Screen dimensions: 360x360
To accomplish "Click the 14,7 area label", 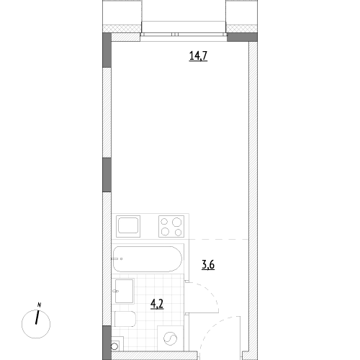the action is tap(198, 56).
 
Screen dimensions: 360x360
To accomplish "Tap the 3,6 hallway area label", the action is tap(208, 265).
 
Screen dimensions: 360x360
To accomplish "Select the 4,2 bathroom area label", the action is tap(157, 304).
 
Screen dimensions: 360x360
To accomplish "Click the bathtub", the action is tap(147, 259).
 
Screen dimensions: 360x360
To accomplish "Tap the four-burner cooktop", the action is tap(171, 226).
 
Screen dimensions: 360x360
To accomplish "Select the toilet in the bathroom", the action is tap(125, 319).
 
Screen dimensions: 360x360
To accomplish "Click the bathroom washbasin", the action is tap(125, 291).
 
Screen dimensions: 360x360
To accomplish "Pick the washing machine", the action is tap(171, 338).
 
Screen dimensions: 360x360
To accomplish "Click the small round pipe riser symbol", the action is tap(114, 346).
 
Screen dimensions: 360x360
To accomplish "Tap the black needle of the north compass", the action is tap(37, 318).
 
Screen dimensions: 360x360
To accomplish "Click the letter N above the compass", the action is tap(39, 305).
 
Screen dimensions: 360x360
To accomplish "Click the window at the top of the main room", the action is tap(184, 35).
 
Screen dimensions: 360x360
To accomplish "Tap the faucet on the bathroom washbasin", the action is tap(116, 291).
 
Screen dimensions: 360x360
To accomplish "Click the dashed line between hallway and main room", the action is tap(219, 239).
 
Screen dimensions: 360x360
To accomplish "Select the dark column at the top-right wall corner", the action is tap(242, 37).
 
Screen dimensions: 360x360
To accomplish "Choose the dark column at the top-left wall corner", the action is tap(107, 50).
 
